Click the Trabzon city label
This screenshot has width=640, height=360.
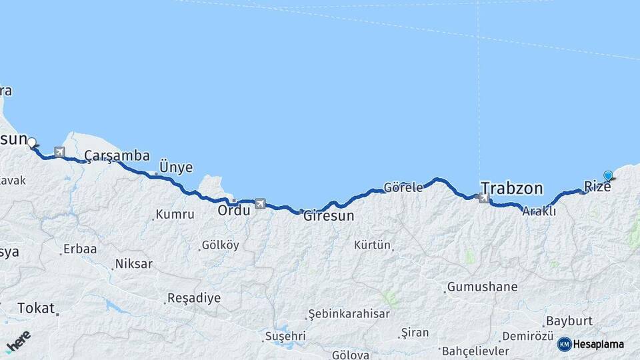click(x=511, y=188)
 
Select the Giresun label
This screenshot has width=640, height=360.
click(x=329, y=216)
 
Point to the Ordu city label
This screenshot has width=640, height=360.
click(x=234, y=210)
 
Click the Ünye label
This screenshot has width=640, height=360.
click(x=176, y=167)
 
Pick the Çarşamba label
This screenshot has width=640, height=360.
click(x=117, y=156)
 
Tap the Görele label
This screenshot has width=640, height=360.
click(x=403, y=187)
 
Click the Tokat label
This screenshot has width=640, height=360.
click(x=35, y=307)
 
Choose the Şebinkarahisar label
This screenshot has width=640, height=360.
click(x=347, y=314)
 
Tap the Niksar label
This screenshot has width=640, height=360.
click(x=133, y=264)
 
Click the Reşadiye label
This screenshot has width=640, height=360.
click(x=193, y=298)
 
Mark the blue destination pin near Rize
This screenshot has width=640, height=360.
click(x=608, y=175)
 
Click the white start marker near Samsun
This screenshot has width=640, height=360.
click(x=31, y=141)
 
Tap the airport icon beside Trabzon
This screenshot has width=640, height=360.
click(x=484, y=197)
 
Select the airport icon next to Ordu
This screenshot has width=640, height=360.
click(x=260, y=203)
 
